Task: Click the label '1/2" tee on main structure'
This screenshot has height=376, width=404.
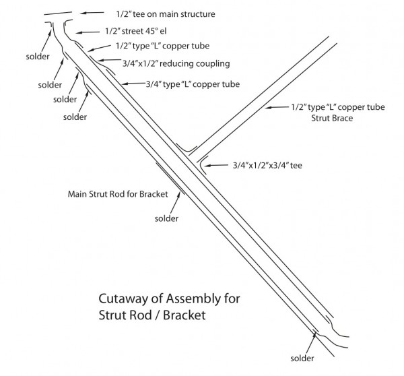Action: (x=166, y=14)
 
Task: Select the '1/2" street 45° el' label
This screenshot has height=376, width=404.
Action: (x=136, y=31)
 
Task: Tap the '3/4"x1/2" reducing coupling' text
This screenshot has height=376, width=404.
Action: (x=176, y=63)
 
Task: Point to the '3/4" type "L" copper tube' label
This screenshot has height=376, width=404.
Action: (x=193, y=84)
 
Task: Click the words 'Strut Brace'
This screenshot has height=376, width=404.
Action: (x=332, y=118)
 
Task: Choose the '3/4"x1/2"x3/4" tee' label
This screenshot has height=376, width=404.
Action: (x=267, y=165)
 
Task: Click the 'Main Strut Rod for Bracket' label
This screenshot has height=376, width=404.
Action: (x=118, y=194)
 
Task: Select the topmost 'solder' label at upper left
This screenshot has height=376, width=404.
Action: (x=38, y=57)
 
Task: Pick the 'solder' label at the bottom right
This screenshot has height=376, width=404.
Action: (x=302, y=358)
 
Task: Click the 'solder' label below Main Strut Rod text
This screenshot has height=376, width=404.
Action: (x=166, y=218)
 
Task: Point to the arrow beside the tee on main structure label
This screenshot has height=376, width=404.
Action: (x=92, y=13)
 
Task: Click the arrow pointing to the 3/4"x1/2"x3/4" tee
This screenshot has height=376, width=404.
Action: (x=215, y=165)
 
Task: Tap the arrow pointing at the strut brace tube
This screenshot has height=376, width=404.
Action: (x=277, y=107)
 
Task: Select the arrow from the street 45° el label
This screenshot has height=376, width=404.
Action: (x=88, y=32)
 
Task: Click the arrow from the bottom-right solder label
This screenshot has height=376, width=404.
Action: (x=312, y=344)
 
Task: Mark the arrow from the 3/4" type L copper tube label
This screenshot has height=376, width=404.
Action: (x=133, y=84)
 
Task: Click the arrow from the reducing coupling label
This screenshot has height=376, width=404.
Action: (x=109, y=60)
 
